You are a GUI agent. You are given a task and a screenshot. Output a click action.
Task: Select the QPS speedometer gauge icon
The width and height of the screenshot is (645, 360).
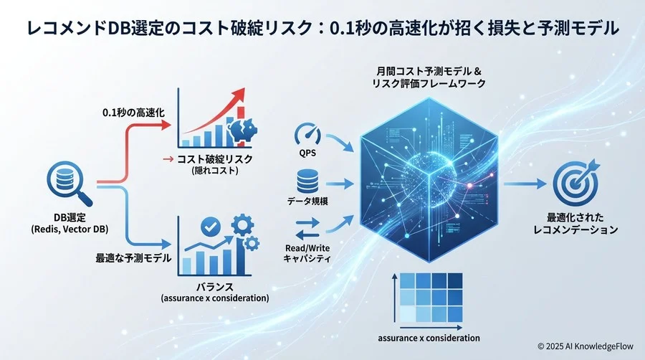pos(307,133)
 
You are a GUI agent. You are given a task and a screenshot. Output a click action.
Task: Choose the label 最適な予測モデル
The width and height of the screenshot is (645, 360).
pos(133,257)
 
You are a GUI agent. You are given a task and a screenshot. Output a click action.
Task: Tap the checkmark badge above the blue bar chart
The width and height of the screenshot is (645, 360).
pos(210,227)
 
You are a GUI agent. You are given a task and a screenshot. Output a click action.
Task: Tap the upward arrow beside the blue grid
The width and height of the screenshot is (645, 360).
pos(393,298)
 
